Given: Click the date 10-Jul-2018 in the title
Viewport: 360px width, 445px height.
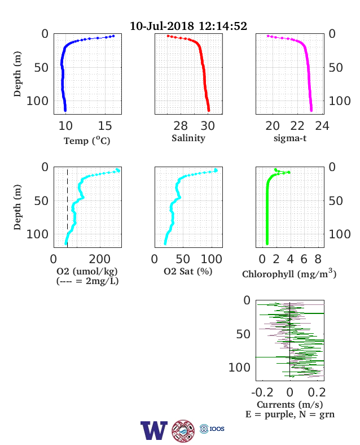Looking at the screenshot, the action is [x=162, y=26].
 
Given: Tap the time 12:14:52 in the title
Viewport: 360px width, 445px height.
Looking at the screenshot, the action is [x=223, y=26].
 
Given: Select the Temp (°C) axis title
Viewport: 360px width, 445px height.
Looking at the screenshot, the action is [x=87, y=141].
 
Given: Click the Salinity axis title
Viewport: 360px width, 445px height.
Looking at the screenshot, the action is [x=188, y=138].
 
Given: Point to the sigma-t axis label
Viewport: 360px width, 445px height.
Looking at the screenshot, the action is [x=290, y=138].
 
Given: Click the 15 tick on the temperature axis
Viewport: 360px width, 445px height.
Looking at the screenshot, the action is [x=105, y=126].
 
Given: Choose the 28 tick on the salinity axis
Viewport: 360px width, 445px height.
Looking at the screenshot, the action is [x=181, y=126].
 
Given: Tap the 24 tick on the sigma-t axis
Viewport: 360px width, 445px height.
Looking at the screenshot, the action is [x=322, y=126].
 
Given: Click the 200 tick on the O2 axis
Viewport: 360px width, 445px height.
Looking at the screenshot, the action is [x=99, y=259].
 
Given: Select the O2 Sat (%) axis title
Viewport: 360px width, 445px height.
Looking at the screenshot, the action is [x=188, y=272].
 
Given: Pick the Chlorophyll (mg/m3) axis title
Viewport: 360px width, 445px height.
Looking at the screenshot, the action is [x=289, y=273].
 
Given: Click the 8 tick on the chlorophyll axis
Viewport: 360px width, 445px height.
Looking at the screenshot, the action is [x=318, y=259].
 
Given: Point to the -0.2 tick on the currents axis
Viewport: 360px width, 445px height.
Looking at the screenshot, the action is [x=262, y=392].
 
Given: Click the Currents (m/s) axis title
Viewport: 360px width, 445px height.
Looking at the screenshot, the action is [x=289, y=405].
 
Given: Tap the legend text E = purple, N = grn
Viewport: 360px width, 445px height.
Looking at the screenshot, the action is [x=290, y=415].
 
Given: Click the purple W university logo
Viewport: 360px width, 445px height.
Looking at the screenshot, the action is [x=154, y=430].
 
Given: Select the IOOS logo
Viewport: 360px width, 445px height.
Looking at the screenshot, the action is [x=212, y=429].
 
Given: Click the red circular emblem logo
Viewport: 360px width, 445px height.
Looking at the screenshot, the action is [x=183, y=431].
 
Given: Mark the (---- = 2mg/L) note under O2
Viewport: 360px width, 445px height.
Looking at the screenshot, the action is [x=87, y=281].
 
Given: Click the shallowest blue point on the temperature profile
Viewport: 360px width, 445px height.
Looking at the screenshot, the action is [x=113, y=36].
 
